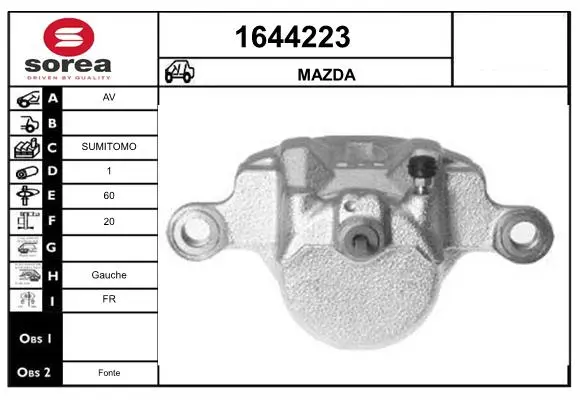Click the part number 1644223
293,37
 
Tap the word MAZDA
326,75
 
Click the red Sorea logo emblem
69,37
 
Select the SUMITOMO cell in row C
109,147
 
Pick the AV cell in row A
109,97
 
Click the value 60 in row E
109,195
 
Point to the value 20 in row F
109,221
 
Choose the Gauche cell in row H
109,275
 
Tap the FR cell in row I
109,299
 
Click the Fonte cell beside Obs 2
109,373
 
